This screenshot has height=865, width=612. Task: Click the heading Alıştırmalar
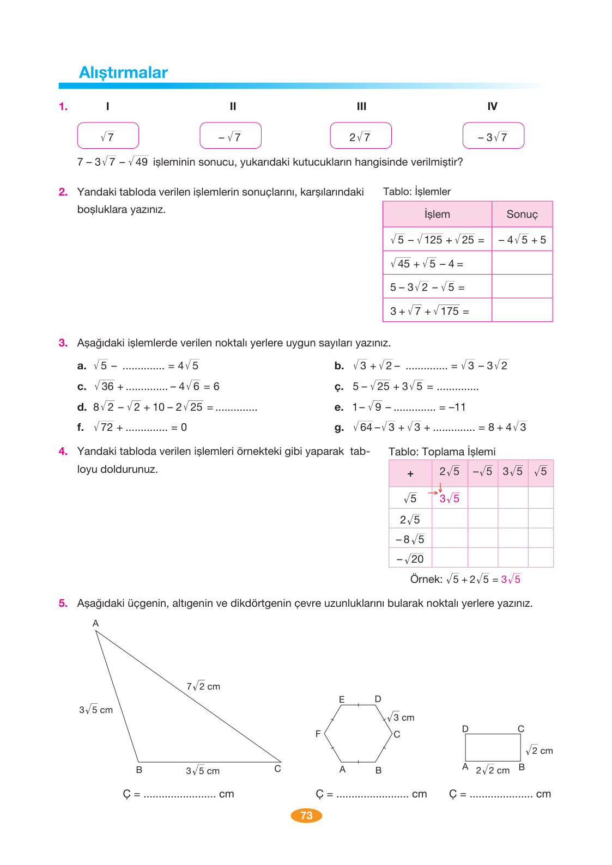click(123, 72)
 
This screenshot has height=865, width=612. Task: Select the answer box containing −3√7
click(493, 136)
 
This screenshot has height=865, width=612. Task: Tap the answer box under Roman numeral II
click(230, 136)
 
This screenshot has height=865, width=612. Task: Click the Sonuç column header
click(522, 214)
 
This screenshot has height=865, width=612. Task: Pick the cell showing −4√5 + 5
click(522, 240)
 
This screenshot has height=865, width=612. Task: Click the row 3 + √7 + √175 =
click(429, 311)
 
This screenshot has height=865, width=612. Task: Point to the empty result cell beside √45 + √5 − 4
click(522, 263)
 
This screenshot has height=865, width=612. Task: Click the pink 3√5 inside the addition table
click(449, 498)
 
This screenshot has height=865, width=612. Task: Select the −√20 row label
click(410, 559)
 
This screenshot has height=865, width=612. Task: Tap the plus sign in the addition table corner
click(410, 473)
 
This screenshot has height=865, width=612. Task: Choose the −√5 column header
click(482, 472)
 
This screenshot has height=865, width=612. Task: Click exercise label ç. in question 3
click(339, 387)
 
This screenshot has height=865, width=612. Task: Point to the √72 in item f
click(104, 428)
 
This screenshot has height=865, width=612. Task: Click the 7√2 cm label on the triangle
click(203, 686)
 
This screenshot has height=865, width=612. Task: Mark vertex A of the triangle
click(95, 624)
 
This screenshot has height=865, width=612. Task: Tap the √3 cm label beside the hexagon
click(401, 717)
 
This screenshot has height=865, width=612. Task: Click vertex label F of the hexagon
click(318, 734)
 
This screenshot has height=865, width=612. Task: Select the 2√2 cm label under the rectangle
click(492, 770)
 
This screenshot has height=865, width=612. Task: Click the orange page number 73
click(306, 815)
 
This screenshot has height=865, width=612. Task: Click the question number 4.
click(63, 451)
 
